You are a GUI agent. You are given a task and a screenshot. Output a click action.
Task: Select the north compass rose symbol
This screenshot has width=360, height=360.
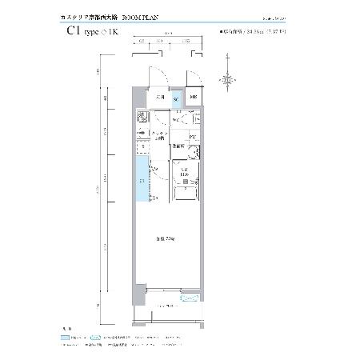[x=230, y=78]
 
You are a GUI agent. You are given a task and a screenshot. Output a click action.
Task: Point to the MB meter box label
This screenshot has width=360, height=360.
[x=194, y=98]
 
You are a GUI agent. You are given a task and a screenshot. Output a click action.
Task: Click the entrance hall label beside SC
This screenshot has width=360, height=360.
[x=160, y=98]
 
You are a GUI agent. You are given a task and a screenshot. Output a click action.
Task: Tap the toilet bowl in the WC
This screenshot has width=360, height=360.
[x=182, y=118]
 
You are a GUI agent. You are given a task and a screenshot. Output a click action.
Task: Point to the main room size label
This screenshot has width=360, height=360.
[x=166, y=238]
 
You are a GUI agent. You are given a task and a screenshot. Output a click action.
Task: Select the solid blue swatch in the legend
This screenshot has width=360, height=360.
[x=66, y=338]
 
